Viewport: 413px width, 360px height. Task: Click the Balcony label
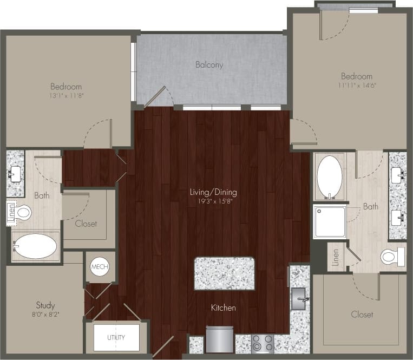coord(209,65)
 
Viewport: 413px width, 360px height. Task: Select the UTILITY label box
coord(116,337)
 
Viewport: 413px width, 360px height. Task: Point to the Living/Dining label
coord(213,192)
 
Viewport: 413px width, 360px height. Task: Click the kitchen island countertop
coord(224,273)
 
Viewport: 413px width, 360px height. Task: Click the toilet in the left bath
coord(22,212)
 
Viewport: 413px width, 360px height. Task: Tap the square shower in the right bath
coord(330,221)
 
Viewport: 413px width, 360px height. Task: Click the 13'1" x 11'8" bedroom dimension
coord(67,95)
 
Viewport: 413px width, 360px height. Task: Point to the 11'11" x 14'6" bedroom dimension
coord(356,85)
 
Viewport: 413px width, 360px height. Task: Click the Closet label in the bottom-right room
coord(362,314)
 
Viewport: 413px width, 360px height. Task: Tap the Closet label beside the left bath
coord(86,223)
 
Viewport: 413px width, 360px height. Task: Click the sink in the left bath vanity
coord(15,174)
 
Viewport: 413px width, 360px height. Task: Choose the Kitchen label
coord(224,308)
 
